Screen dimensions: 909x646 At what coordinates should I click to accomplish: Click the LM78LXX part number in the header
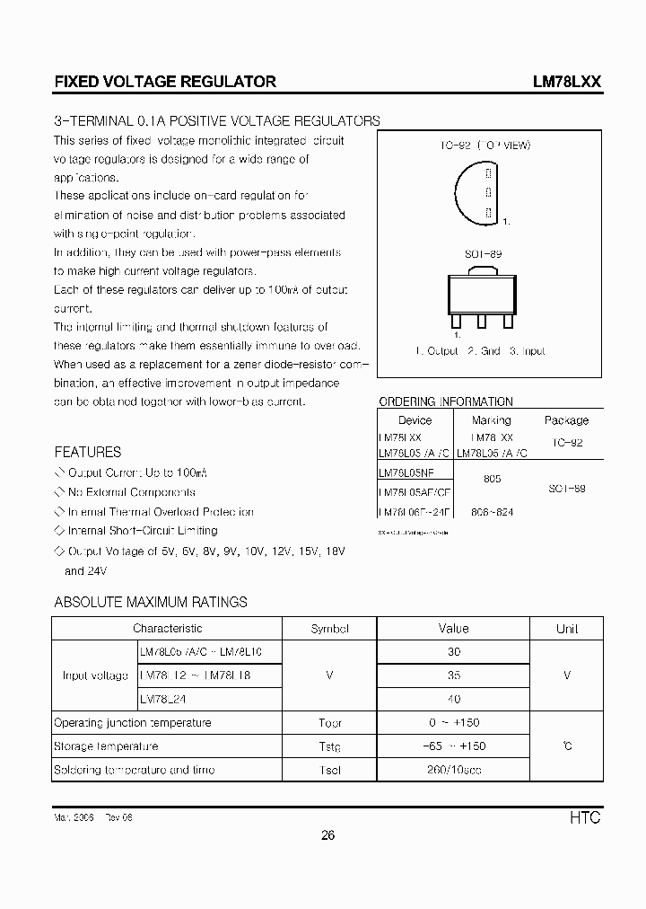pos(566,81)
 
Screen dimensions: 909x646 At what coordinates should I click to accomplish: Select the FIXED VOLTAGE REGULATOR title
pos(165,81)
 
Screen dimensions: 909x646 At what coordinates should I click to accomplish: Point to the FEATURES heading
pos(87,452)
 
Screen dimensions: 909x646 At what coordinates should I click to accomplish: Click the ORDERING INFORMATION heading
pos(446,402)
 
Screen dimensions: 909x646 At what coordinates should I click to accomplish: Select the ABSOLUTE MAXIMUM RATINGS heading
pos(151,602)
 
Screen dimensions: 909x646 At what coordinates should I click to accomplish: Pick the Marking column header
pos(491,419)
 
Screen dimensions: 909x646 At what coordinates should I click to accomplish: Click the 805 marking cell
pos(492,480)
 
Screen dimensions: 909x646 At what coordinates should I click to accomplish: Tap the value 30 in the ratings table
pos(453,652)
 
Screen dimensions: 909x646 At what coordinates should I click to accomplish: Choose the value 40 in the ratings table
pos(453,698)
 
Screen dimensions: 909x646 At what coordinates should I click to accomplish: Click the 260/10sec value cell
pos(453,770)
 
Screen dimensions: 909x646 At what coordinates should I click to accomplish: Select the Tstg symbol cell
pos(329,746)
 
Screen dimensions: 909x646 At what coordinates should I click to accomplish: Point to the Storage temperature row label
pos(106,746)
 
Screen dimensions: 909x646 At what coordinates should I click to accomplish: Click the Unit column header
pos(567,629)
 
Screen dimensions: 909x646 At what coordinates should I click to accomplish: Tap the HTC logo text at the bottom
pos(584,817)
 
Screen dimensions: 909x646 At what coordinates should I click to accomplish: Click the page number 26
pos(327,835)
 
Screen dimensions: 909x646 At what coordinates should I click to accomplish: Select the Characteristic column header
pos(167,629)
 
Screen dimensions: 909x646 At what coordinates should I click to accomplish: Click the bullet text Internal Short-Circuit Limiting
pos(142,531)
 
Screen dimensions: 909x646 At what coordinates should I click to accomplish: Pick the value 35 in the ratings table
pos(453,675)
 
